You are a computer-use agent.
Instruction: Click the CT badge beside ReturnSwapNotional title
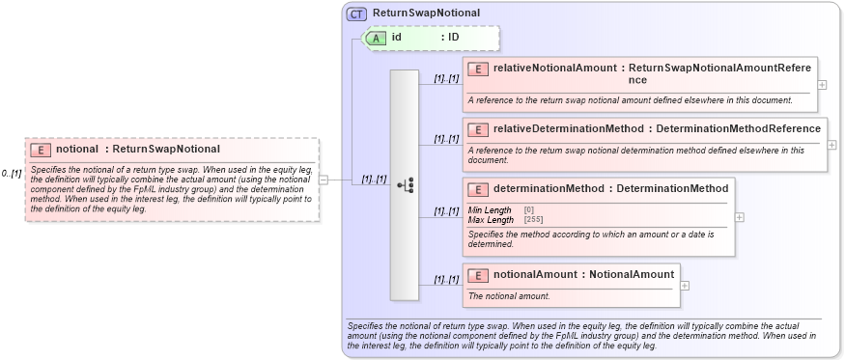[356, 14]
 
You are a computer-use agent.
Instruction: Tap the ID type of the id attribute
[453, 38]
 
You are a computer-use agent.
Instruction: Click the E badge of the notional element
[40, 150]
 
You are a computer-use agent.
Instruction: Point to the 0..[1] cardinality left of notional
[12, 174]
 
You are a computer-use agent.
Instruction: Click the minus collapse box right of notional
[324, 180]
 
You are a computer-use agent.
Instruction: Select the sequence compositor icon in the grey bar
[405, 184]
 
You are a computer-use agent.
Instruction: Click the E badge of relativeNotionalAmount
[478, 69]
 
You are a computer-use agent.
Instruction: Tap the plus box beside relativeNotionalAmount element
[822, 84]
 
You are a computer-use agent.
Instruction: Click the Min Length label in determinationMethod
[490, 210]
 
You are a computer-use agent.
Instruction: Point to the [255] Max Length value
[533, 219]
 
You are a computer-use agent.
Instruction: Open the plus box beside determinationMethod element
[740, 217]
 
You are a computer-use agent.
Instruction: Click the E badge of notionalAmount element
[478, 275]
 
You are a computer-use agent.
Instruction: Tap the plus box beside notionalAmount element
[685, 286]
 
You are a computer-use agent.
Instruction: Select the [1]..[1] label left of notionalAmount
[445, 280]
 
